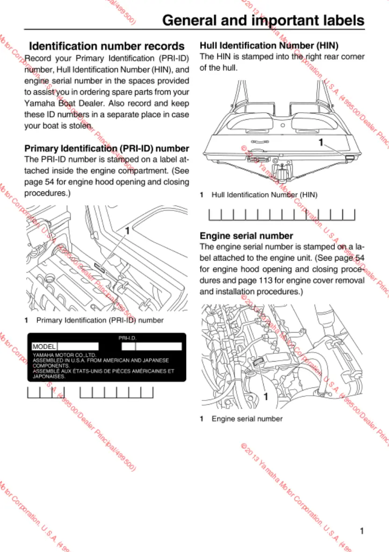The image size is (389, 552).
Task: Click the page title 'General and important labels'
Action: [x=263, y=21]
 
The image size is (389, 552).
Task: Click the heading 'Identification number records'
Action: [x=107, y=46]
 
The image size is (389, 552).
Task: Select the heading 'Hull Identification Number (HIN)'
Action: [x=269, y=45]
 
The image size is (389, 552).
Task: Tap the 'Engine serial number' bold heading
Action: [x=246, y=236]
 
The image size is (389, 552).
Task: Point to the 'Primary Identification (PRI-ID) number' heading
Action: [x=107, y=149]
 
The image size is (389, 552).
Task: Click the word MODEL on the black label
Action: [x=44, y=347]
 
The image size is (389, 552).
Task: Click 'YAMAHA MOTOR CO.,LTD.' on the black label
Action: [x=58, y=356]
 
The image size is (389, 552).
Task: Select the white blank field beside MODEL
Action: [x=78, y=347]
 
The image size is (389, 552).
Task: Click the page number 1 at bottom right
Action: [x=362, y=530]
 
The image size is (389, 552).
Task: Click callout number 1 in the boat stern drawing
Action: [x=321, y=143]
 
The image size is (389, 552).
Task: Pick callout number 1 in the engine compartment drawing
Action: [x=127, y=231]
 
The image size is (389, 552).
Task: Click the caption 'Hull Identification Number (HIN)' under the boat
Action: [x=264, y=195]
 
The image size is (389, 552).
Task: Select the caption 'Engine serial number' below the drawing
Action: [x=247, y=419]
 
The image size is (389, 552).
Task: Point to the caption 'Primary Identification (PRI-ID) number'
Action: [x=100, y=320]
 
